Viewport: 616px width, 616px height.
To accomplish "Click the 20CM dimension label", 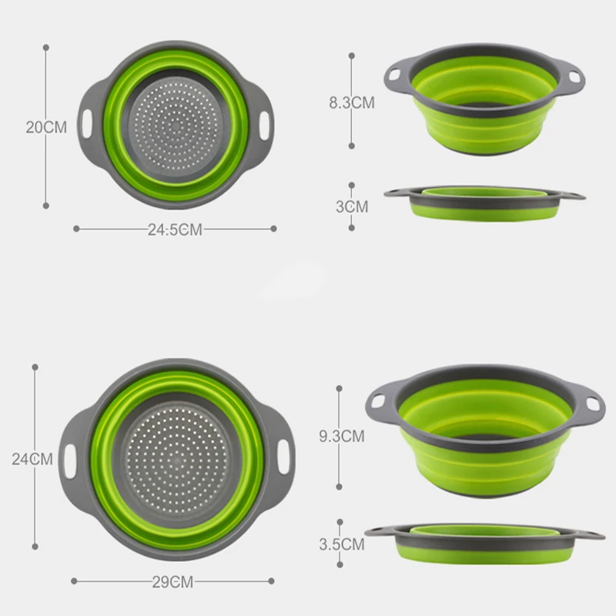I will pyautogui.click(x=46, y=127).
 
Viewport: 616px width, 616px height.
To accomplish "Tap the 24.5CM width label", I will pyautogui.click(x=175, y=229).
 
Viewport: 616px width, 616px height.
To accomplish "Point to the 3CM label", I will pyautogui.click(x=352, y=206).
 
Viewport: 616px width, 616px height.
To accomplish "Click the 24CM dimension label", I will pyautogui.click(x=32, y=459).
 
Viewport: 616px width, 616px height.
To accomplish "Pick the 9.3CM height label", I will pyautogui.click(x=342, y=437).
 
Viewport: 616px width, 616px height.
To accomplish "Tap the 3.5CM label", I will pyautogui.click(x=342, y=544).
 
